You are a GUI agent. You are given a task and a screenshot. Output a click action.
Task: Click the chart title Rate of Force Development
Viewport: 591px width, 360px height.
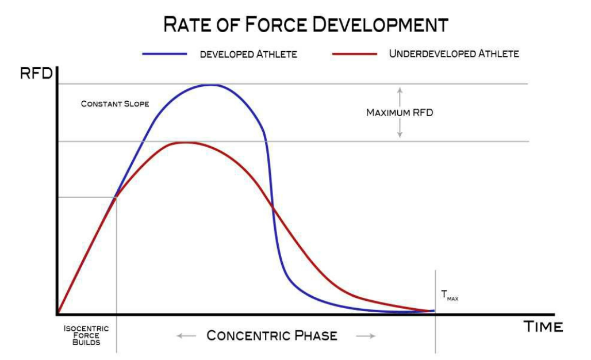click(306, 25)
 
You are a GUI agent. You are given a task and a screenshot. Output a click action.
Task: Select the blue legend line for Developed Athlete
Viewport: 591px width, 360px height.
click(165, 53)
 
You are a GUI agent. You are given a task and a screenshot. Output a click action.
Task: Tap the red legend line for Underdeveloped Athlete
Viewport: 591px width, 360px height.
click(355, 53)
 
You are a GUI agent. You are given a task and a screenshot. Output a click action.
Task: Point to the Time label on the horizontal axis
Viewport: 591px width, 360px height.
click(543, 327)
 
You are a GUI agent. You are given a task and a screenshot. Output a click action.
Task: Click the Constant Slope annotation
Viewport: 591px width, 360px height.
click(115, 104)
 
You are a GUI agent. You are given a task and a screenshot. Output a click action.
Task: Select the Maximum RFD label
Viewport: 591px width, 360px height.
click(400, 113)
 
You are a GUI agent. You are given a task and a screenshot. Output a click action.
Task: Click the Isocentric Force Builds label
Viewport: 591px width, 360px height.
click(86, 335)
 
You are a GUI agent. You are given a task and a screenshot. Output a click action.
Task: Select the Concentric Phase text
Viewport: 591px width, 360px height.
click(272, 335)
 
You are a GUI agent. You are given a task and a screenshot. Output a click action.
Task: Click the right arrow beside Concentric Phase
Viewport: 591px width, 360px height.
click(366, 336)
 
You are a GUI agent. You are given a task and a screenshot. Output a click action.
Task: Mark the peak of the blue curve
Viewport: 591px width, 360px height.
click(210, 85)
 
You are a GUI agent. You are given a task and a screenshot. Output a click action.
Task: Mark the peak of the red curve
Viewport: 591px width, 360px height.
click(185, 142)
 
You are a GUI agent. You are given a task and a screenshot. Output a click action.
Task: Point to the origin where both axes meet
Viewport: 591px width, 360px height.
click(57, 314)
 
